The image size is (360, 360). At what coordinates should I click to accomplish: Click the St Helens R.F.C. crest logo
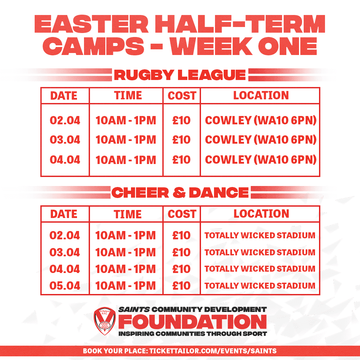pos(105,321)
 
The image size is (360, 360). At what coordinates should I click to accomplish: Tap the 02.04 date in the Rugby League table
pos(65,120)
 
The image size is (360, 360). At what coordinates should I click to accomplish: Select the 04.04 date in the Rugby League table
pos(65,160)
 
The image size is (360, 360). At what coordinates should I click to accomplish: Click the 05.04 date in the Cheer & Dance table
pos(65,286)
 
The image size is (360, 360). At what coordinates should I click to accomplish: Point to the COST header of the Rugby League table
pos(182,96)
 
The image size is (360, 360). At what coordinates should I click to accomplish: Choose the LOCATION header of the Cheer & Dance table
pos(261,214)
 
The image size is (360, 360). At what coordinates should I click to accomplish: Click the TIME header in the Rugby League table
pos(128,96)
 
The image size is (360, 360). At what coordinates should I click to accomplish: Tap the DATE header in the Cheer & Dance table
pos(64,214)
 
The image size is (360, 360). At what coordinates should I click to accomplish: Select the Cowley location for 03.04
pos(261,140)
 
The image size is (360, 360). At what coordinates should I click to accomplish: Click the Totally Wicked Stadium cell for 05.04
pos(260,286)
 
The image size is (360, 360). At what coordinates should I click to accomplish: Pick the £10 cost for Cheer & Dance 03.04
pos(181,252)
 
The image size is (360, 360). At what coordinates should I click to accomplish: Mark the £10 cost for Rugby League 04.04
pos(181,160)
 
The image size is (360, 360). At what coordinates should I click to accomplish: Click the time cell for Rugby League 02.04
pos(126,120)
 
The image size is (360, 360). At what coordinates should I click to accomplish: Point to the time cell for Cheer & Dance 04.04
pos(126,269)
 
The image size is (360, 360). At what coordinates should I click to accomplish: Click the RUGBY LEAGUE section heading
pos(180,75)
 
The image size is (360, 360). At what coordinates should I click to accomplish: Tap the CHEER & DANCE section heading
pos(180,192)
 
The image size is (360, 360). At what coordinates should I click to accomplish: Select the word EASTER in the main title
pos(91,24)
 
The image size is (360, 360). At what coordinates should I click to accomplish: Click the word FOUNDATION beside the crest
pos(193,322)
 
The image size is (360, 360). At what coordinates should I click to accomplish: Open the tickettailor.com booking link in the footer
pos(213,351)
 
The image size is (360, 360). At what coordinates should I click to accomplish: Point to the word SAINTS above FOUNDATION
pos(134,309)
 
